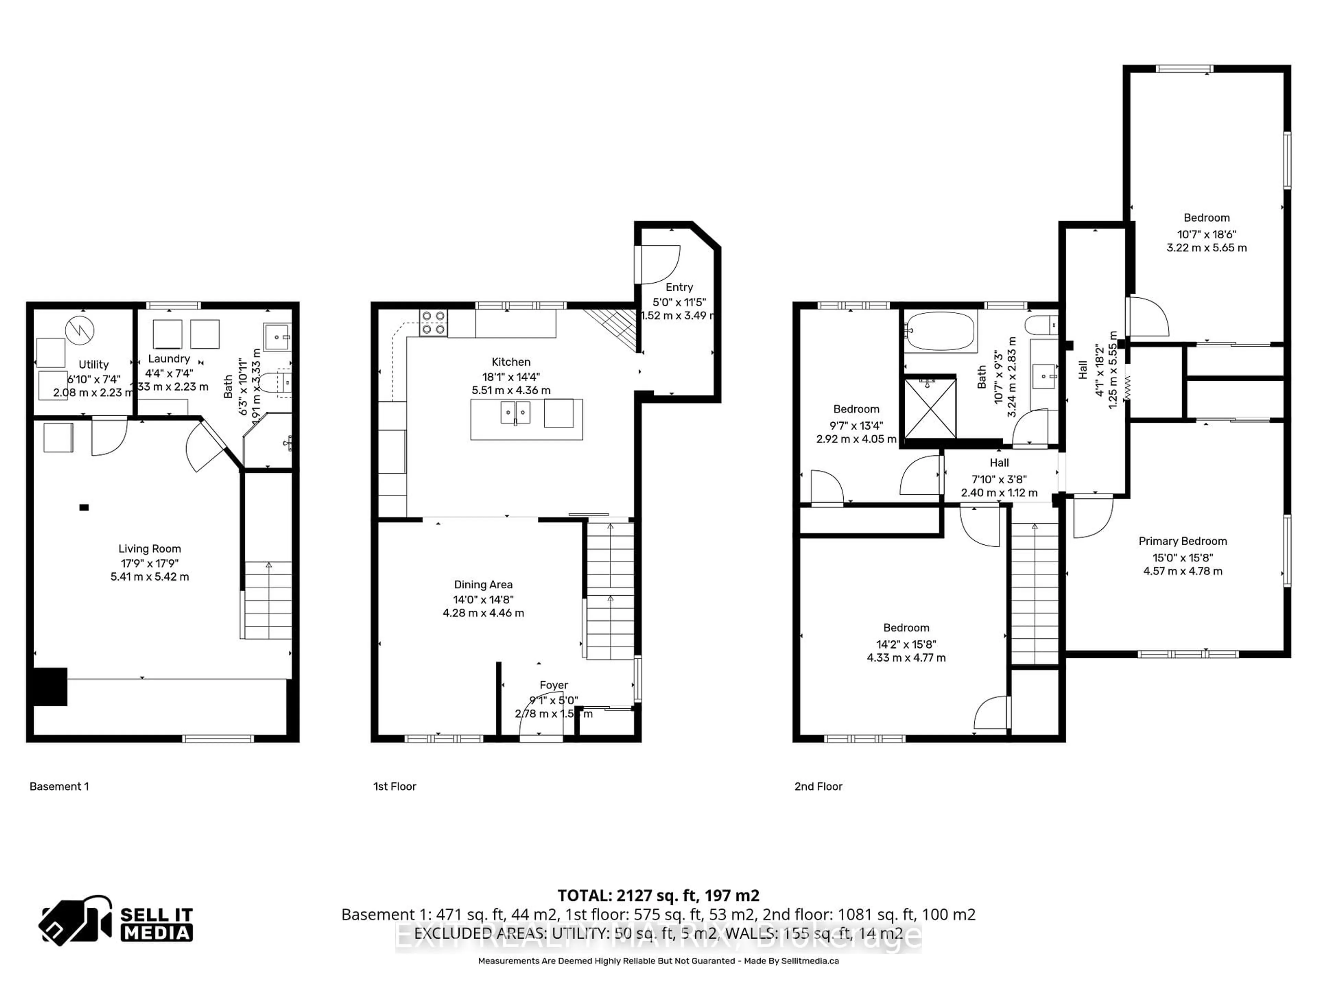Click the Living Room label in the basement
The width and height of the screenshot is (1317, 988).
[x=150, y=549]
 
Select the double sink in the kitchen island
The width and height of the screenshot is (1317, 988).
[x=515, y=412]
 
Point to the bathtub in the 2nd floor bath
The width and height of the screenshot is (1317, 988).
[x=940, y=331]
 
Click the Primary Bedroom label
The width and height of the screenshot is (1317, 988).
[x=1183, y=541]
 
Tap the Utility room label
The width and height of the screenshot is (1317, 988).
[x=94, y=364]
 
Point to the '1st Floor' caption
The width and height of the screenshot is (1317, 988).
[x=394, y=786]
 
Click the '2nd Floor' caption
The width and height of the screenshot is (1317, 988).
[x=818, y=786]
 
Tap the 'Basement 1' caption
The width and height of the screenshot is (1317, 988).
[x=59, y=786]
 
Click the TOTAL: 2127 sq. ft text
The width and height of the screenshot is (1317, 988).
[x=658, y=895]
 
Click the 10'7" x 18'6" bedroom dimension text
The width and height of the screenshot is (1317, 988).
[x=1206, y=234]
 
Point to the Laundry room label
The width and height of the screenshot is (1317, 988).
[x=169, y=358]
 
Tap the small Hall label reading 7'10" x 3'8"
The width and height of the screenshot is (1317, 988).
[x=999, y=479]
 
